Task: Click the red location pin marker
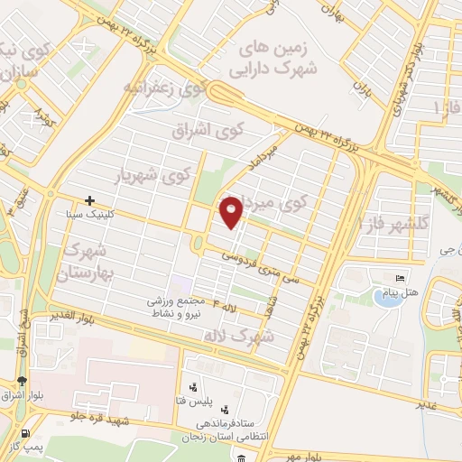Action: tap(232, 212)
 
